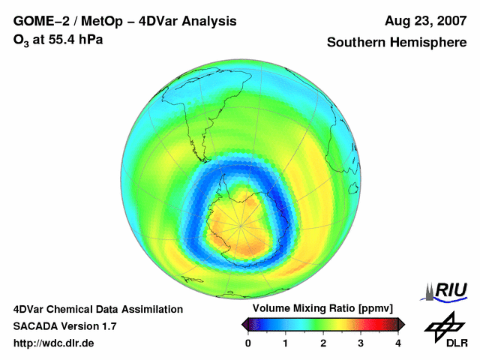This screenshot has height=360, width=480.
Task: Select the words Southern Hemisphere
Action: point(397,43)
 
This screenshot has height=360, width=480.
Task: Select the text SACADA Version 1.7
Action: point(64,326)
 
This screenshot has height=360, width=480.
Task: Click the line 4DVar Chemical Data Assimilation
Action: point(97,309)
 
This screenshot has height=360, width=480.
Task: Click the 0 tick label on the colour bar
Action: point(248,343)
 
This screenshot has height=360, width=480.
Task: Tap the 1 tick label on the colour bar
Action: point(286,343)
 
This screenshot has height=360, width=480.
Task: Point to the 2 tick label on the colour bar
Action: point(323,343)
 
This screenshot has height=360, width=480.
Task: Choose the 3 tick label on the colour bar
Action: point(361,343)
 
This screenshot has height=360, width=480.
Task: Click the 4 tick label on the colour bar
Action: point(398,343)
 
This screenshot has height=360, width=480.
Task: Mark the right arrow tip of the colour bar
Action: point(403,325)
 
